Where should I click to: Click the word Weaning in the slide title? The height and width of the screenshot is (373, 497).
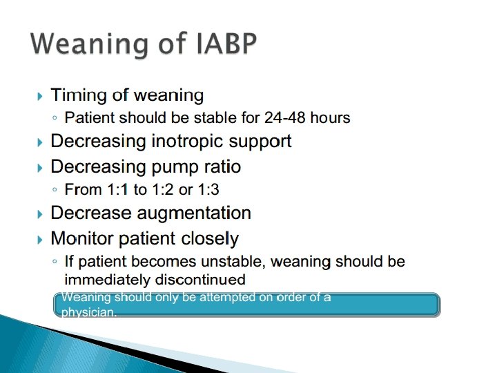coord(90,45)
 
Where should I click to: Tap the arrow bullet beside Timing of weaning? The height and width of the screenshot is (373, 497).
coord(39,96)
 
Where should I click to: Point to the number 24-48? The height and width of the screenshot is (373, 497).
coord(284,117)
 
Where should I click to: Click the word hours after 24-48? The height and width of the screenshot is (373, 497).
coord(330,117)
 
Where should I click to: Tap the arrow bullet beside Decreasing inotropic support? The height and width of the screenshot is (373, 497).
coord(39,142)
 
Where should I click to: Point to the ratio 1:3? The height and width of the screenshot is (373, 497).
coord(208,189)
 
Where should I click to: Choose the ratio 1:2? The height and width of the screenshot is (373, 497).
coord(163,189)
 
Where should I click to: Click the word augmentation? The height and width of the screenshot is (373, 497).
coord(194,213)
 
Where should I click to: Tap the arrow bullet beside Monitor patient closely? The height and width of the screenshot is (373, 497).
coord(39,240)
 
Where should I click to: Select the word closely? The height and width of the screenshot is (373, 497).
coord(210,239)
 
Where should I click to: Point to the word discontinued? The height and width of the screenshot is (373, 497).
coord(200,280)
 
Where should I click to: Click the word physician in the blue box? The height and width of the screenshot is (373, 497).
coord(89,312)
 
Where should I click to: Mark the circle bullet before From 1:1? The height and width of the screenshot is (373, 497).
coord(55,190)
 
